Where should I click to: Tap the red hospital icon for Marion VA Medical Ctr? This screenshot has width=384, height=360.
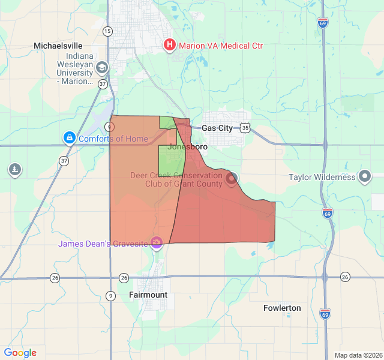170,45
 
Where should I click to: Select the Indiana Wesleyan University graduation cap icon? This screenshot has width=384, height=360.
101,68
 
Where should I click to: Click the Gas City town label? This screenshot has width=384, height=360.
217,128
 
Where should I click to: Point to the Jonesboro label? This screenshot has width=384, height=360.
188,146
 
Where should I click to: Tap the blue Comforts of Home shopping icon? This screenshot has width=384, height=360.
70,139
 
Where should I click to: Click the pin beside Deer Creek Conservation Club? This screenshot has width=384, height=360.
232,178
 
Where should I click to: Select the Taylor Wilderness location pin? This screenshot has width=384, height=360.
365,176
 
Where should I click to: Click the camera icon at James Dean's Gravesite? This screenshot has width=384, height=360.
157,243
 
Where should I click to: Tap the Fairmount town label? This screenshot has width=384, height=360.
148,295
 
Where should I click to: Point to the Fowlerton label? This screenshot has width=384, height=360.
282,308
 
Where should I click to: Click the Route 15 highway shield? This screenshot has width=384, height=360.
107,31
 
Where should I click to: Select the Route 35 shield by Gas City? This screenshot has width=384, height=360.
245,127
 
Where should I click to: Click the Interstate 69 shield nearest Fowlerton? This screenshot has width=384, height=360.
325,313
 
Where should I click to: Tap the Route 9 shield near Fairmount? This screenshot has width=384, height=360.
110,295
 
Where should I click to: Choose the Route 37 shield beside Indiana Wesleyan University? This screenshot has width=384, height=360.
103,85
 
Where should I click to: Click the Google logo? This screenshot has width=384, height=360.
20,353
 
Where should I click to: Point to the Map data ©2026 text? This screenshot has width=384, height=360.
358,355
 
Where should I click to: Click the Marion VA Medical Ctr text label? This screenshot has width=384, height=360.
221,46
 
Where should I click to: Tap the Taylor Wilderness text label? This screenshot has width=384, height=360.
322,177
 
